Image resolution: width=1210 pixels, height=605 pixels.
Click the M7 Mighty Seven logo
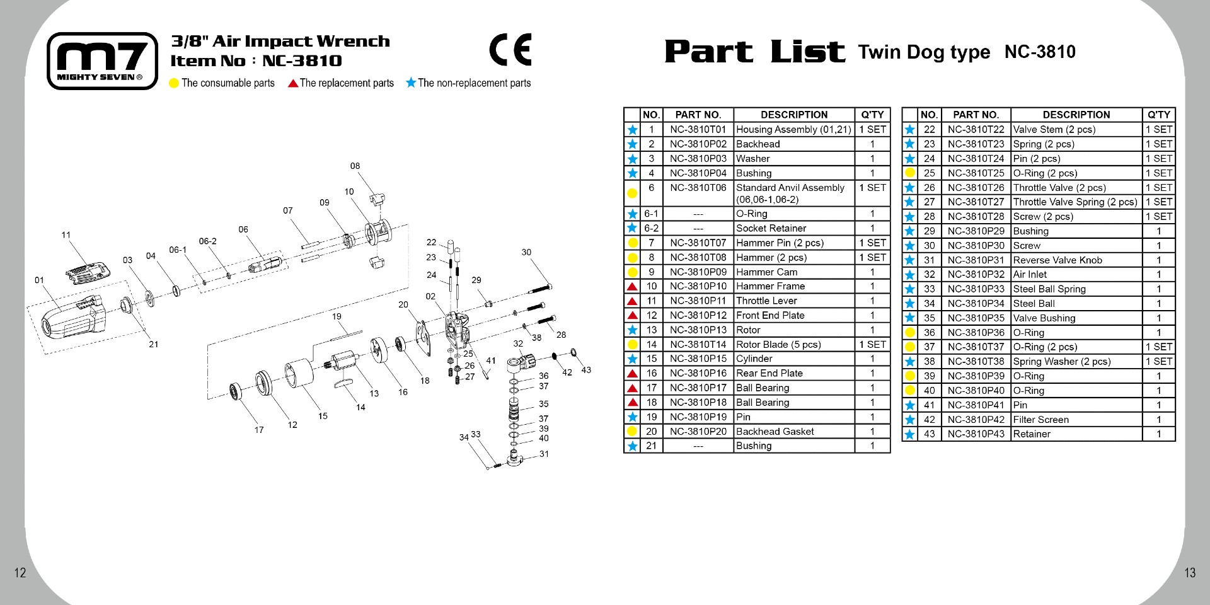pos(102,61)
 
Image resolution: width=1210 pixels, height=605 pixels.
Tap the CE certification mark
pos(510,50)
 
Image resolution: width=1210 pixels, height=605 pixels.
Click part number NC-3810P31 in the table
pos(976,260)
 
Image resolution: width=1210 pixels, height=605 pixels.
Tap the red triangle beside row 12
pos(632,316)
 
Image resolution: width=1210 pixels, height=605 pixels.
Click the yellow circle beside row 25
pos(910,173)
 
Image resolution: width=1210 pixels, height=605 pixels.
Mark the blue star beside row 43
pos(910,434)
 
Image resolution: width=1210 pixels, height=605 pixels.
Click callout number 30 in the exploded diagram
pos(526,252)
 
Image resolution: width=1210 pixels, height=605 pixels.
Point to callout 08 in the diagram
pos(355,166)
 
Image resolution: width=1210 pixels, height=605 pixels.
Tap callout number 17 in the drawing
pos(259,430)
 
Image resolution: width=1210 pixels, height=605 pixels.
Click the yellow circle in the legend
pos(175,83)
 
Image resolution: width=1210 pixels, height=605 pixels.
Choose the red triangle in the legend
pos(293,83)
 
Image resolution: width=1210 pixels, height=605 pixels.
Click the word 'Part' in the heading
pos(708,52)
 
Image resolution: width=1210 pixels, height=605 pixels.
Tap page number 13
pos(1189,573)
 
